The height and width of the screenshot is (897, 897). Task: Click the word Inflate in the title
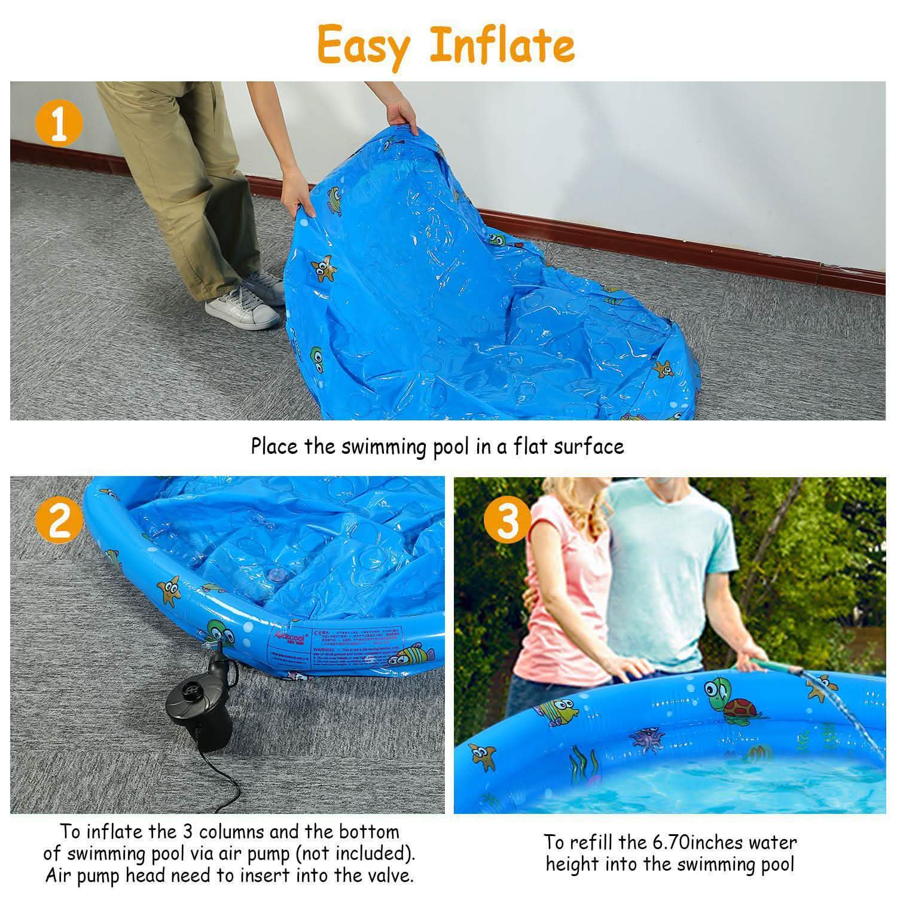click(x=502, y=45)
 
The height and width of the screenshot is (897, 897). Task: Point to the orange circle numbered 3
click(x=507, y=520)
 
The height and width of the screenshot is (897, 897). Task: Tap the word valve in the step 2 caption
click(x=389, y=876)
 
